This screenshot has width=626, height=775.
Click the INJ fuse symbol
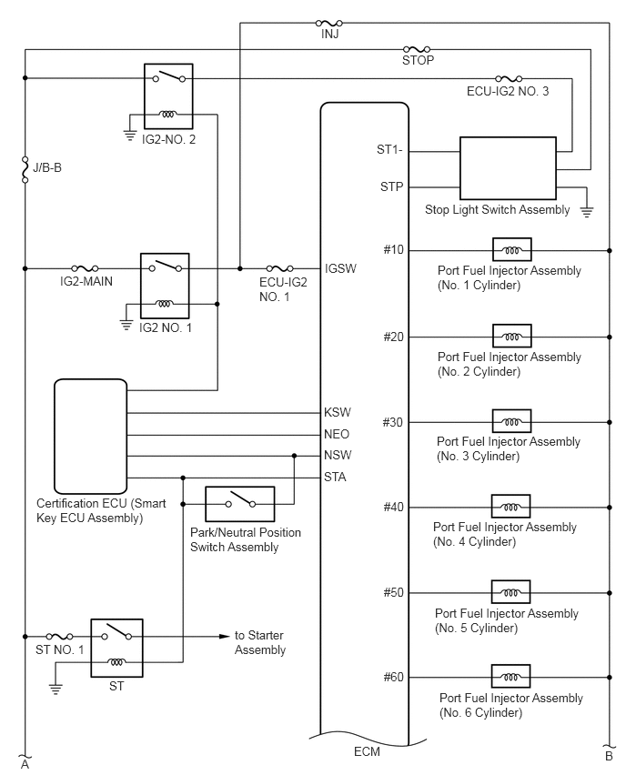pyautogui.click(x=329, y=23)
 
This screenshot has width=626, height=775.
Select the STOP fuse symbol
pyautogui.click(x=417, y=49)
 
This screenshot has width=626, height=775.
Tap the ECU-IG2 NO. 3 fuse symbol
pyautogui.click(x=509, y=78)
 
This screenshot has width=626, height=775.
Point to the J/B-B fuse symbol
pyautogui.click(x=25, y=169)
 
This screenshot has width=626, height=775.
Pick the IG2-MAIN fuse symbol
pyautogui.click(x=85, y=268)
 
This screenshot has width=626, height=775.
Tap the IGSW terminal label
pyautogui.click(x=340, y=268)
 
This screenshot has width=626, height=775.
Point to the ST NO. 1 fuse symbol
pyautogui.click(x=59, y=636)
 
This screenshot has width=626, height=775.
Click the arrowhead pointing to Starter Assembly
pyautogui.click(x=225, y=636)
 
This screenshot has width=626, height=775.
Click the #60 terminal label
pyautogui.click(x=394, y=677)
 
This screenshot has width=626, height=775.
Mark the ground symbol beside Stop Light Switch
pyautogui.click(x=587, y=213)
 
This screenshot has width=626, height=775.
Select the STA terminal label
pyautogui.click(x=335, y=477)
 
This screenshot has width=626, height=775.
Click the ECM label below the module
pyautogui.click(x=367, y=751)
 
